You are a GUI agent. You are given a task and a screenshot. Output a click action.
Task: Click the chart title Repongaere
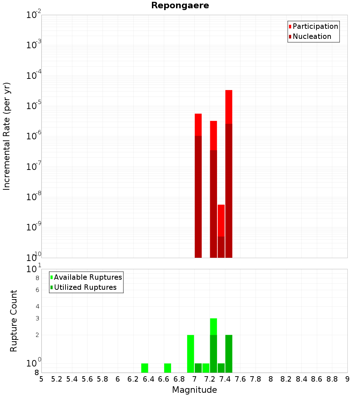180,6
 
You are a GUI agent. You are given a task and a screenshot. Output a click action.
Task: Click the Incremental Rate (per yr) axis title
7,136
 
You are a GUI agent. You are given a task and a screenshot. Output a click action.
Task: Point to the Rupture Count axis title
14,320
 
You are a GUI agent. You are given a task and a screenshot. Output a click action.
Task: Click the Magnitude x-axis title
194,390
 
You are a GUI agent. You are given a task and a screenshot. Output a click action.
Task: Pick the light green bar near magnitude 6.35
144,368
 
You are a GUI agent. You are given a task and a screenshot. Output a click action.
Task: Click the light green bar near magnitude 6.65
167,368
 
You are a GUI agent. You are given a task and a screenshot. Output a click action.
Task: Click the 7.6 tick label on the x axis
240,379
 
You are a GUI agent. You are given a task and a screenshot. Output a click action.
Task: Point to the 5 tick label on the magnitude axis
41,379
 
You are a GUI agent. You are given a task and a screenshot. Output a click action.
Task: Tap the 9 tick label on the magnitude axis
347,379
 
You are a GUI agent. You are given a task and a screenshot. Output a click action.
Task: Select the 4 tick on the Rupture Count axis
37,307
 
